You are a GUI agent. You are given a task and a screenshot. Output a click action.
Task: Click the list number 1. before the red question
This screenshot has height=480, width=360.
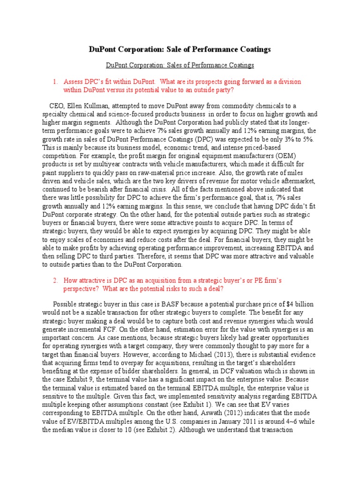55,82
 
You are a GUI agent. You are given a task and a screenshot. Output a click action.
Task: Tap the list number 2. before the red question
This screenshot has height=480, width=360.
55,280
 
